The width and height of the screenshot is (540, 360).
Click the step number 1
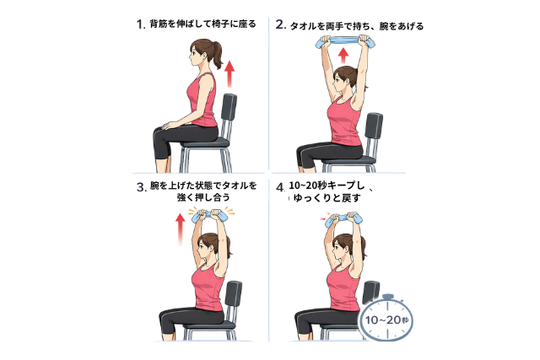pos(140,24)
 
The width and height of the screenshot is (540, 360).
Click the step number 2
pos(280,24)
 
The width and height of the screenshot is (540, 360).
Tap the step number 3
pos(141,187)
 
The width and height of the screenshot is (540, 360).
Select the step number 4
pos(280,187)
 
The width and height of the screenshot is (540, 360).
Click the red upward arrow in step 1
pos(229,74)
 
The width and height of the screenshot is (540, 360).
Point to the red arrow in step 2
pos(343,56)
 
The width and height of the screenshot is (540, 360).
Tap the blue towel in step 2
pos(345,43)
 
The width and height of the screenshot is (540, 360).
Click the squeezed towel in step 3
pos(208,217)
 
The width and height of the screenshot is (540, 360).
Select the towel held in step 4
pos(343,219)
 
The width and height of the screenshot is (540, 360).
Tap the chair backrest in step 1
pos(229,107)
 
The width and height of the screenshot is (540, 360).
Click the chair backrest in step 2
pos(374,126)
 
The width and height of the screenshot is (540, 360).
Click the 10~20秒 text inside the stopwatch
pos(386,320)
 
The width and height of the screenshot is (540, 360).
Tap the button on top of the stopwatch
pos(388,296)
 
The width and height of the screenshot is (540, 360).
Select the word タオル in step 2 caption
pos(302,26)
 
